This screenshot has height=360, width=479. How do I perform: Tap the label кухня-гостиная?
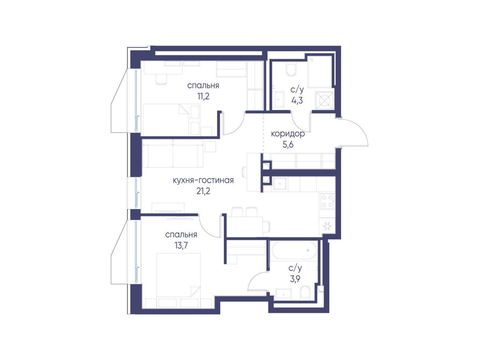203,180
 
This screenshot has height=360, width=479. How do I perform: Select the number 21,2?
203,191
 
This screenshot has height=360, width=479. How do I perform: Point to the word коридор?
288,134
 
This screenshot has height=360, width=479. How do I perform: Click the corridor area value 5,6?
288,144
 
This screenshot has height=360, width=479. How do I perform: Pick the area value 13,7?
181,245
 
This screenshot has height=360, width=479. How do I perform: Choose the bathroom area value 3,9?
295,279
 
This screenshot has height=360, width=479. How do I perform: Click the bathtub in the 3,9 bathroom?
294,250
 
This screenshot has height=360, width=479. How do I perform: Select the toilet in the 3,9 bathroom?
305,293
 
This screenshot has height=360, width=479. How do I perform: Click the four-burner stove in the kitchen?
327,201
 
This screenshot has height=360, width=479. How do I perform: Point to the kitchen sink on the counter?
280,184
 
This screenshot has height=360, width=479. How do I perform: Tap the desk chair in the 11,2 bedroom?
162,79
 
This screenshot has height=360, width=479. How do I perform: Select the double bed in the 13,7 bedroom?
178,280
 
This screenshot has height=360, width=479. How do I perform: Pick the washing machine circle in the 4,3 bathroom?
324,101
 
